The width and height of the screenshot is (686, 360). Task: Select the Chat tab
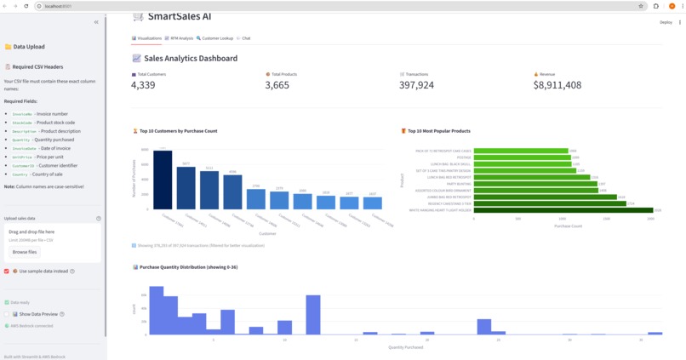pyautogui.click(x=245, y=38)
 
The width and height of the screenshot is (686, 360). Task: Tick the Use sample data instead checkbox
pyautogui.click(x=7, y=271)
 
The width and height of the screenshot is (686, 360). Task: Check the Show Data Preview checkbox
pyautogui.click(x=7, y=314)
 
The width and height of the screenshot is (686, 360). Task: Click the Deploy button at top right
pyautogui.click(x=666, y=22)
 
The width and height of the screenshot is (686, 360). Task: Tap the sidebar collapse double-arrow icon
pyautogui.click(x=96, y=22)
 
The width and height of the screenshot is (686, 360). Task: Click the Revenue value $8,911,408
pyautogui.click(x=557, y=85)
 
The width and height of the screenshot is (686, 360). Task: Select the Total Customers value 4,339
pyautogui.click(x=143, y=85)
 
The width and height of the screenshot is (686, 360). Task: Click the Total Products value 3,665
pyautogui.click(x=277, y=85)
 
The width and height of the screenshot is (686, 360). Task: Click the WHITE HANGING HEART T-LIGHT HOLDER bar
pyautogui.click(x=563, y=210)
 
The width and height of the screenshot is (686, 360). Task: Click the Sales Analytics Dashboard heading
pyautogui.click(x=191, y=59)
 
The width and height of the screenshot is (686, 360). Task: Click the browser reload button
pyautogui.click(x=26, y=6)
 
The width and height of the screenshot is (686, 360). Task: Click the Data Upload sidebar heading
pyautogui.click(x=29, y=47)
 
